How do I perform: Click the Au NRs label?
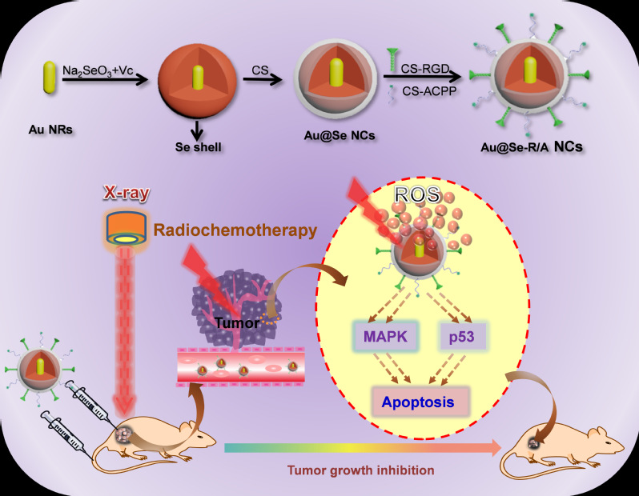tap(48, 127)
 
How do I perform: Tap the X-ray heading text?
tap(127, 194)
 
